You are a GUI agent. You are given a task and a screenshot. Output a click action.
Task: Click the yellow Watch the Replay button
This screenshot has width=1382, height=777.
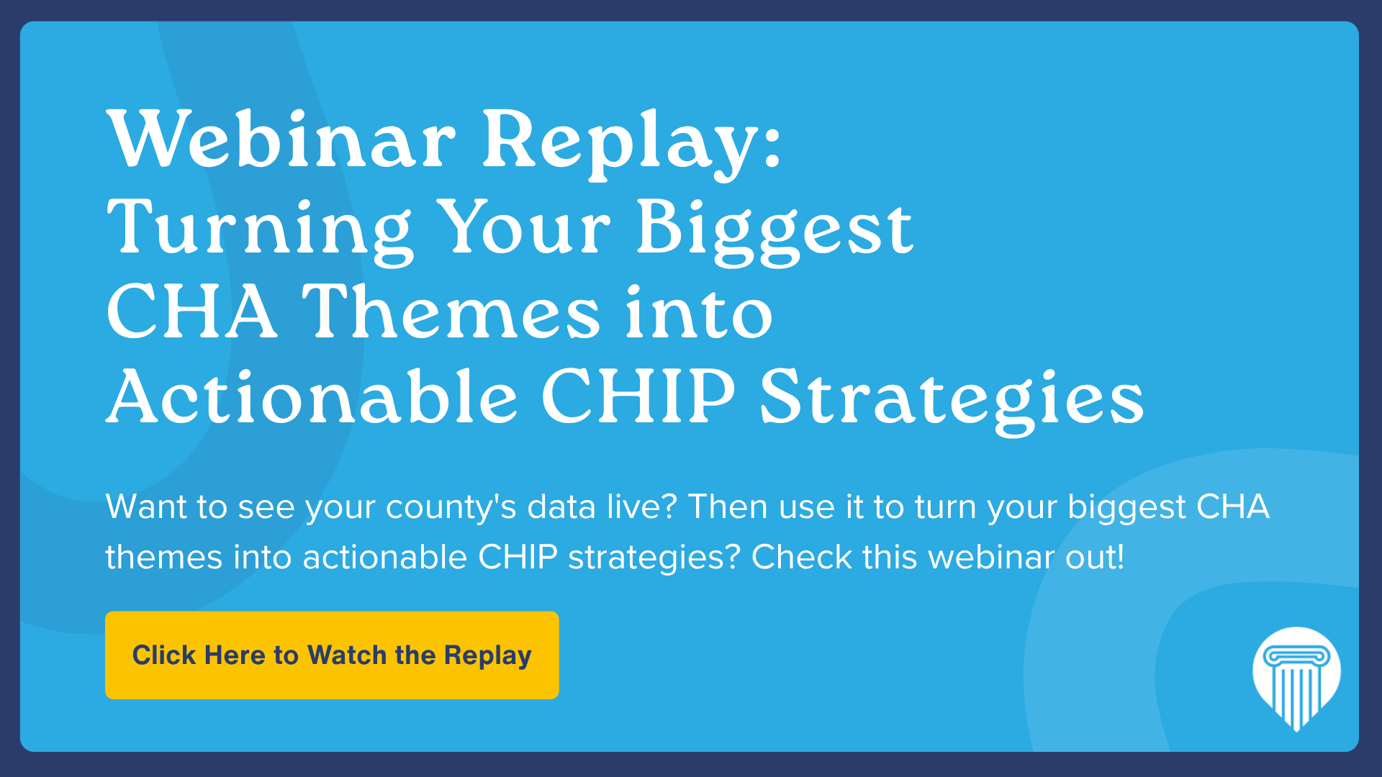pos(332,655)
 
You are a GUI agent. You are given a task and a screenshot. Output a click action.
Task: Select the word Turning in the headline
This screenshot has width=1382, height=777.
pos(260,230)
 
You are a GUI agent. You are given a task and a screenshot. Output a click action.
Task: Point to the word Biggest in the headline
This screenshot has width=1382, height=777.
pos(775,230)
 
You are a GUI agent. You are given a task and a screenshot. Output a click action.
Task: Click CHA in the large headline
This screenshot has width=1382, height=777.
pos(191,312)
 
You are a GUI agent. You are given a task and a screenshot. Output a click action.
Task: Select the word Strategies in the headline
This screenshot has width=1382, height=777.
pos(952,400)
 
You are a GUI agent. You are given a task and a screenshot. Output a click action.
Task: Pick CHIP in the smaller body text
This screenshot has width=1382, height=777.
pos(518,557)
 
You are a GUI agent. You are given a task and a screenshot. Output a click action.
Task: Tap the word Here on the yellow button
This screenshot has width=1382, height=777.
pos(235,655)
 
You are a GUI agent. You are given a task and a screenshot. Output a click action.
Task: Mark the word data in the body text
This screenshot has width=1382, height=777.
pos(561,506)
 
